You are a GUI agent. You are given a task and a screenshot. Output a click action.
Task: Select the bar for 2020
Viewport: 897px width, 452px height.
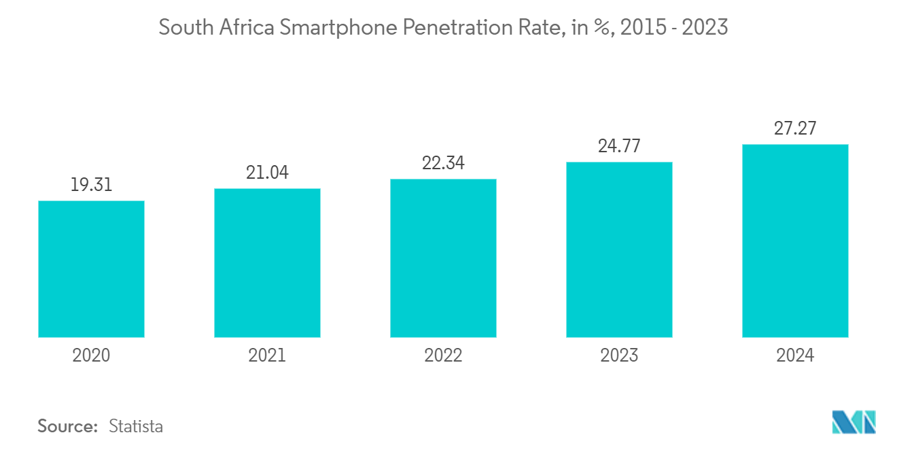[x=91, y=269]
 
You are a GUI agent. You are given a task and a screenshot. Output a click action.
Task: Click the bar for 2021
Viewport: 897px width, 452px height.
[x=267, y=263]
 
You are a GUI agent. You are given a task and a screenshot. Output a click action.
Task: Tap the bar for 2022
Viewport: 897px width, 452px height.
[x=443, y=258]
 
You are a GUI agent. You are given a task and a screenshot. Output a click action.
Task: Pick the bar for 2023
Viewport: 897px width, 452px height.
[x=619, y=249]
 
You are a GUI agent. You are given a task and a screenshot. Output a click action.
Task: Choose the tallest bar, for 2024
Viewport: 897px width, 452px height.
[x=795, y=241]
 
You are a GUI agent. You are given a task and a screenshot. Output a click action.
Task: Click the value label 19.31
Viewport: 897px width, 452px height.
[x=91, y=185]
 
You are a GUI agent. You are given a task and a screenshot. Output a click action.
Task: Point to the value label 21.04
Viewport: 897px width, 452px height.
[x=267, y=173]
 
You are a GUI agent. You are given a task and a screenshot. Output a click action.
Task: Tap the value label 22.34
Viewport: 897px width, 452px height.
[x=443, y=163]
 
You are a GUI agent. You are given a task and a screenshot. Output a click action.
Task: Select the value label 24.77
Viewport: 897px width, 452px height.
[x=619, y=146]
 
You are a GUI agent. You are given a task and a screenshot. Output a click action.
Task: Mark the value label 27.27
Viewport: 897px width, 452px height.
[x=795, y=128]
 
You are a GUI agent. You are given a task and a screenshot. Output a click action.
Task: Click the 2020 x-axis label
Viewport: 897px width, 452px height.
[x=91, y=355]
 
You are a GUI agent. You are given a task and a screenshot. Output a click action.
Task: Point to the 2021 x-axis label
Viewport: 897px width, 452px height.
[x=267, y=355]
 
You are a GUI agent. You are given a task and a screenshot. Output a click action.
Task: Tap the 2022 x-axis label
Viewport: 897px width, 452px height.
[x=443, y=355]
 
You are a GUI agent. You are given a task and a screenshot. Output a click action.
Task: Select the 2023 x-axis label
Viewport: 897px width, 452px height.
[x=619, y=355]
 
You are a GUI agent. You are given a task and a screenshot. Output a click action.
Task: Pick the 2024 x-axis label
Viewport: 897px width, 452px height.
[x=795, y=355]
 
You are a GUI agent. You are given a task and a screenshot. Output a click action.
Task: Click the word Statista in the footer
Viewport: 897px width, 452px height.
[x=136, y=426]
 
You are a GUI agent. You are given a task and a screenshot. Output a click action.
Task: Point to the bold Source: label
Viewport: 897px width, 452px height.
[x=68, y=426]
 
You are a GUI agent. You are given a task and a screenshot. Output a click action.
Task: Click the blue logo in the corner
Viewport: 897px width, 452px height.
[x=854, y=422]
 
